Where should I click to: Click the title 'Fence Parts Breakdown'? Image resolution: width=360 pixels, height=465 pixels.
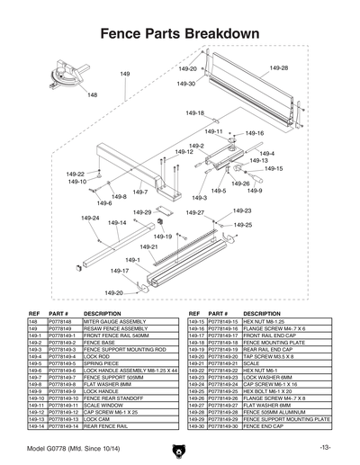click(x=180, y=33)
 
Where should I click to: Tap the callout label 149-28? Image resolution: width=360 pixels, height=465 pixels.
click(x=279, y=68)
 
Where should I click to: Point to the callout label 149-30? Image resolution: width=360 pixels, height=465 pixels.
click(x=185, y=84)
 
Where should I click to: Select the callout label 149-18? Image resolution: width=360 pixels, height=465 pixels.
click(x=194, y=113)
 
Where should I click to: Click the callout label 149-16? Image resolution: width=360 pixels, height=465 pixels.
click(x=255, y=133)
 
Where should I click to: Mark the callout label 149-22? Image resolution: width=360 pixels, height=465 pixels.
click(x=76, y=174)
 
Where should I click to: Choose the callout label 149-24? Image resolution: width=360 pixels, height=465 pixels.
click(x=90, y=218)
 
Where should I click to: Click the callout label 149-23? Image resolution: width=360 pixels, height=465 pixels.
click(x=242, y=210)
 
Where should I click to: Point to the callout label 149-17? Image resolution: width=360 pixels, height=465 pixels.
click(x=120, y=270)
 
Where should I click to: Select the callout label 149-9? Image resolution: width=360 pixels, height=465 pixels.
click(x=255, y=191)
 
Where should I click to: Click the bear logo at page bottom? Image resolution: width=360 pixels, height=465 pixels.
click(x=180, y=447)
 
